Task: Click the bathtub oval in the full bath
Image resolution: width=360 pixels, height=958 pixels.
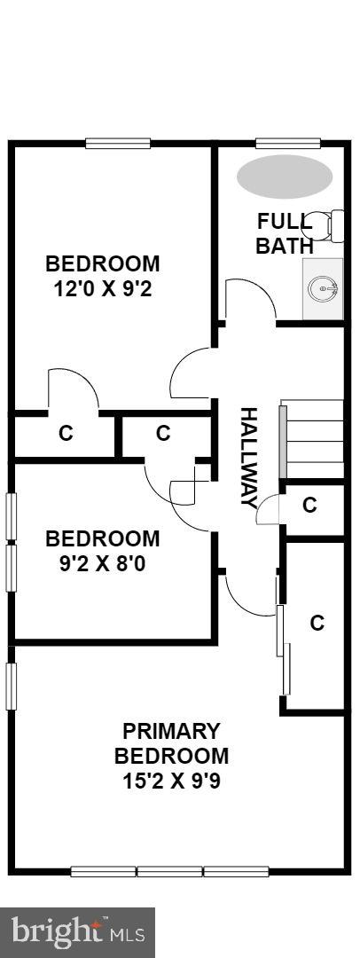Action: (x=285, y=177)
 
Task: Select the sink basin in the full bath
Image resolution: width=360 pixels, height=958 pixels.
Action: (x=323, y=288)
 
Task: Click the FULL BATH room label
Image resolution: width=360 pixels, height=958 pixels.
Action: (x=284, y=233)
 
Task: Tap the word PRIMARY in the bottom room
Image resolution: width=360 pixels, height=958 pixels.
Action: (x=171, y=732)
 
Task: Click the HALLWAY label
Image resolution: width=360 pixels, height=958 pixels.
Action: (x=249, y=457)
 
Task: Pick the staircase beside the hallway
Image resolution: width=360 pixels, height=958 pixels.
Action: (x=313, y=440)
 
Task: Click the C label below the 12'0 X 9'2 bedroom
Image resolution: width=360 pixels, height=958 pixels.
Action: (x=65, y=434)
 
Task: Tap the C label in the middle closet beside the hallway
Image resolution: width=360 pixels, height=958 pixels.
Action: (x=163, y=433)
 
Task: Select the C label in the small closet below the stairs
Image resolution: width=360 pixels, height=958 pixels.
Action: (x=310, y=506)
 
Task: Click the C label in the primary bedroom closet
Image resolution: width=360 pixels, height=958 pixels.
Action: (x=317, y=623)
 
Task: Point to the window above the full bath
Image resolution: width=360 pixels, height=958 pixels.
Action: (x=287, y=142)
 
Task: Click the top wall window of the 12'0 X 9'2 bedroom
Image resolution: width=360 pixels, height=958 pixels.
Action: (x=118, y=142)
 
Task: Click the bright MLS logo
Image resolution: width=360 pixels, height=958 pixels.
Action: (x=77, y=931)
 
